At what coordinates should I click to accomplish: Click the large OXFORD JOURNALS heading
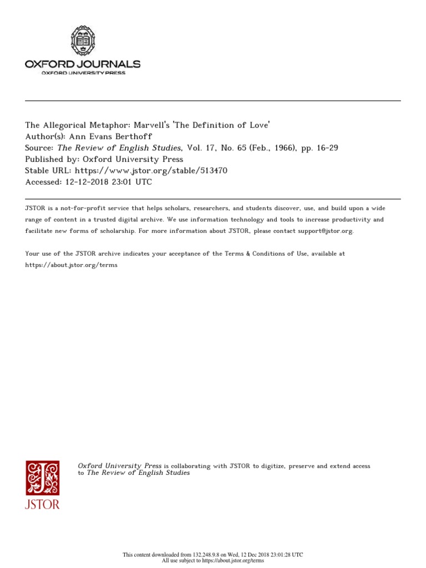click(x=83, y=64)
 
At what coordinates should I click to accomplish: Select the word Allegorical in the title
click(x=66, y=125)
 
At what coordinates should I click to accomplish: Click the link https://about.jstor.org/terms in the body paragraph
click(x=72, y=265)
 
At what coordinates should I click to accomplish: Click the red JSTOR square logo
click(x=42, y=478)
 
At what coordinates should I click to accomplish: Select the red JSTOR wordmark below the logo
click(x=42, y=504)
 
